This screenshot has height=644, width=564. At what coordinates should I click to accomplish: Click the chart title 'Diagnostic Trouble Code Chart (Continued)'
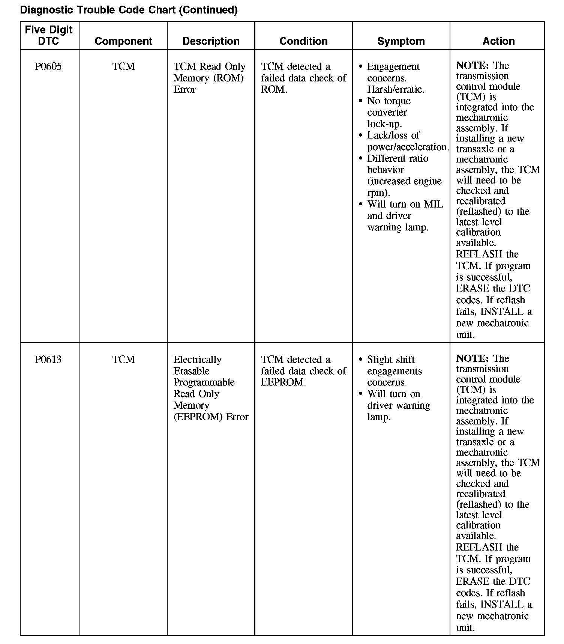coord(129,10)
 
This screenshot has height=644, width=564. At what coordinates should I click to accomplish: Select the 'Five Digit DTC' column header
coord(49,35)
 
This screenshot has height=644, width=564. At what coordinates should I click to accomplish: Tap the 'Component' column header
coord(123,41)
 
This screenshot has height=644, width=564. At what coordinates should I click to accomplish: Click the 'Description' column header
coord(211,41)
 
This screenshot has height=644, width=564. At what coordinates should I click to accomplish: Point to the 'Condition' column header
coord(303,41)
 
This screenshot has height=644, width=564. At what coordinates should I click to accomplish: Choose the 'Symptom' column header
coord(401,41)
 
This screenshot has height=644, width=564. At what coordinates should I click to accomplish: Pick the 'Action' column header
coord(498,41)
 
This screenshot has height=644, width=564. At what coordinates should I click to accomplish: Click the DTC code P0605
coord(48,67)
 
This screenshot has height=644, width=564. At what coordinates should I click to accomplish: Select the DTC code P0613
coord(48,360)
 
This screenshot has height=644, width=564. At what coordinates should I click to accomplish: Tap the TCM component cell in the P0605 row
coord(123,67)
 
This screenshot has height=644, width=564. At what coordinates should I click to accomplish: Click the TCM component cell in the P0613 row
coord(123,360)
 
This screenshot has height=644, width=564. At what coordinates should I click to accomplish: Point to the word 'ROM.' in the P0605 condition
coord(274,90)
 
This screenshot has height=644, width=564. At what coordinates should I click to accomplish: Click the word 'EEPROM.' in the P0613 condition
coord(283,382)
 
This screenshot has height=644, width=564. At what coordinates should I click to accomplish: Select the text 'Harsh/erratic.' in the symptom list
coord(396,90)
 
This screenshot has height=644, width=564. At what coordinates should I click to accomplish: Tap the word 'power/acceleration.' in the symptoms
coord(408,147)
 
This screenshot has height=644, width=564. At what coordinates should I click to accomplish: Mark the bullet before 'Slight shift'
coord(361,360)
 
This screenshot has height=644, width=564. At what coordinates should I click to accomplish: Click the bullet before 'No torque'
coord(361,101)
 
